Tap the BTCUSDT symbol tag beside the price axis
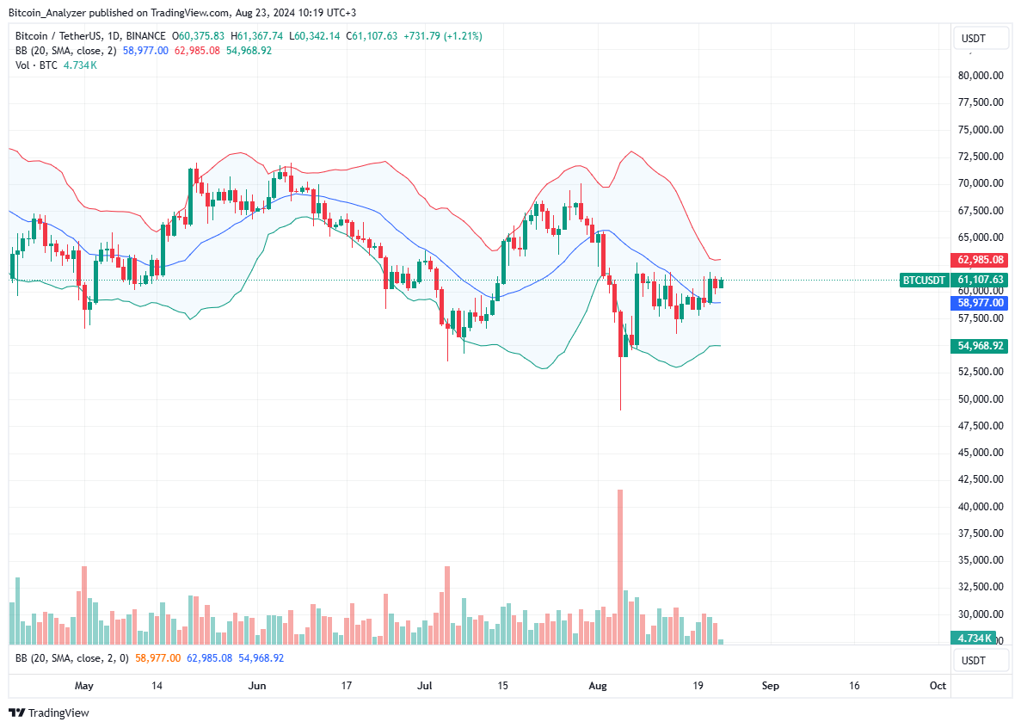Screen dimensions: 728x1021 (x=924, y=280)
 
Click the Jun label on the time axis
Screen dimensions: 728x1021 (x=256, y=686)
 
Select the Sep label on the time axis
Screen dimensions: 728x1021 (x=771, y=686)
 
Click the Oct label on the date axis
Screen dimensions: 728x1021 (x=938, y=686)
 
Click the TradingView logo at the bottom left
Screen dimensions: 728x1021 (x=49, y=713)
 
